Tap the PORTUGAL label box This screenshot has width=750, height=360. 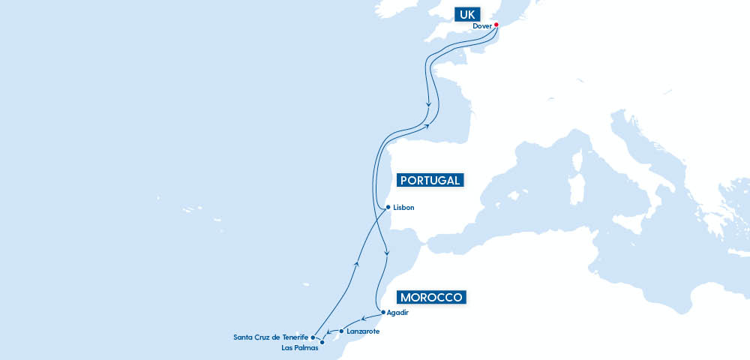(430, 180)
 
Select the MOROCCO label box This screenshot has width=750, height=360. (431, 296)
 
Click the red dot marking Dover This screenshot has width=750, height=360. (496, 25)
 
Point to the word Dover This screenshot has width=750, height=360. (481, 25)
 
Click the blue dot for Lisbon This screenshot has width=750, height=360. (387, 207)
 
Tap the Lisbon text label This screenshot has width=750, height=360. (403, 207)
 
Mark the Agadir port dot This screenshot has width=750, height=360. (383, 312)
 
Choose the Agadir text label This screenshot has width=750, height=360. (397, 312)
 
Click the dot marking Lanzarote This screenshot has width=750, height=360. (341, 331)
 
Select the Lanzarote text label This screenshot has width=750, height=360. (363, 331)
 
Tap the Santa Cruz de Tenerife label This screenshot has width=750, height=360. (271, 337)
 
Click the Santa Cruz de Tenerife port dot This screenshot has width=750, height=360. (313, 337)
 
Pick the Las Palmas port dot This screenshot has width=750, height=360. (322, 343)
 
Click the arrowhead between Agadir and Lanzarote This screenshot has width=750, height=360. (364, 319)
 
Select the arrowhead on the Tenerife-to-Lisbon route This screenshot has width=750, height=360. (358, 263)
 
